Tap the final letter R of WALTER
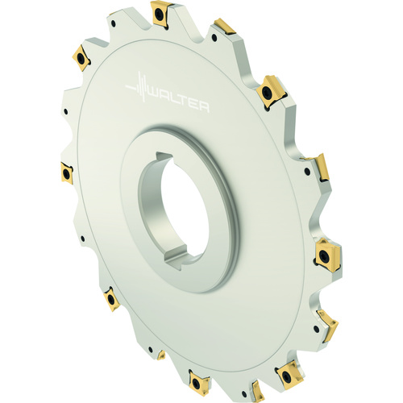pos(203,107)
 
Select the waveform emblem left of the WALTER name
pos(137,86)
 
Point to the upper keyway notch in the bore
pos(164,156)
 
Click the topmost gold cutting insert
pos(160,14)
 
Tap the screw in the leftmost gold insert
pos(66,172)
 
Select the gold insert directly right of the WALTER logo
pos(271,92)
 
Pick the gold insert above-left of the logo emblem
pos(81,57)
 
